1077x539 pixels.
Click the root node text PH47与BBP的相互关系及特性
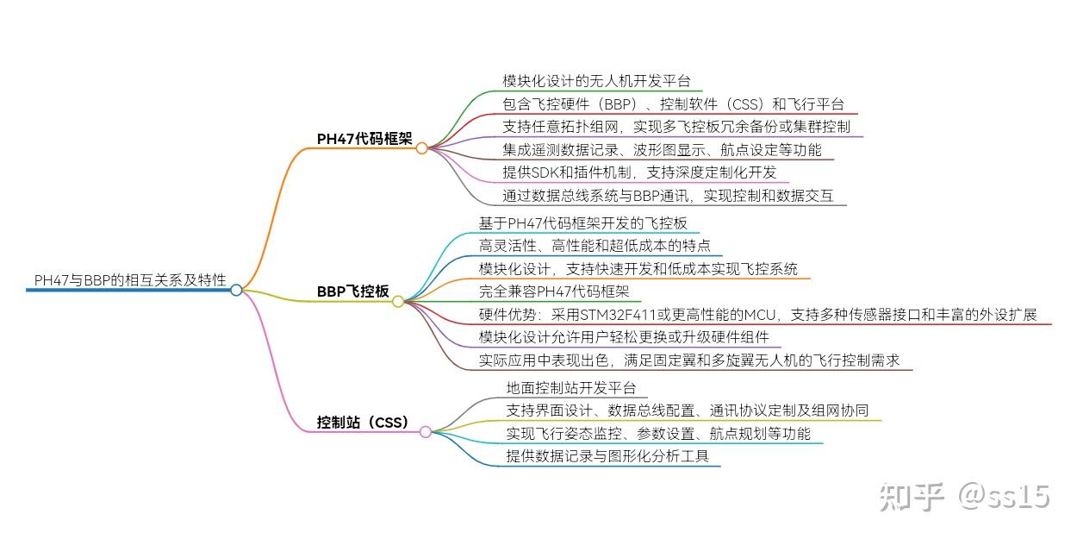[x=130, y=280]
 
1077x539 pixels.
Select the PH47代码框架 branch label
[x=364, y=139]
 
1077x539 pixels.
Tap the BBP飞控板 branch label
[x=353, y=291]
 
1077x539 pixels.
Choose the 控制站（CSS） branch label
[x=363, y=423]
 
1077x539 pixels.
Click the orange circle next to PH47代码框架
[x=421, y=147]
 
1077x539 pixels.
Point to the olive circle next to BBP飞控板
[x=398, y=302]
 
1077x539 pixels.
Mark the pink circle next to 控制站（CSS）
[x=426, y=431]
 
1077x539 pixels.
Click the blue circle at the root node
[x=236, y=290]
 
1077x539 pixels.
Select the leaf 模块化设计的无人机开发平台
[x=597, y=81]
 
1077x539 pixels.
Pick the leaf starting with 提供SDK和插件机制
[x=639, y=172]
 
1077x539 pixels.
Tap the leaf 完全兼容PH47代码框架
[x=554, y=291]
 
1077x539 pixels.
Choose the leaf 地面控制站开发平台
[x=571, y=388]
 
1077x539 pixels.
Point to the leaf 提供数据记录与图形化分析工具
[x=607, y=456]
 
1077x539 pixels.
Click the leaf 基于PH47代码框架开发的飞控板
[x=583, y=223]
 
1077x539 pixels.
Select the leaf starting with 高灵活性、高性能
[x=595, y=246]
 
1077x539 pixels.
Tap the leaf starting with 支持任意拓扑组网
[x=676, y=127]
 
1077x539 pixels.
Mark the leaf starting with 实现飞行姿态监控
[x=658, y=434]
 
